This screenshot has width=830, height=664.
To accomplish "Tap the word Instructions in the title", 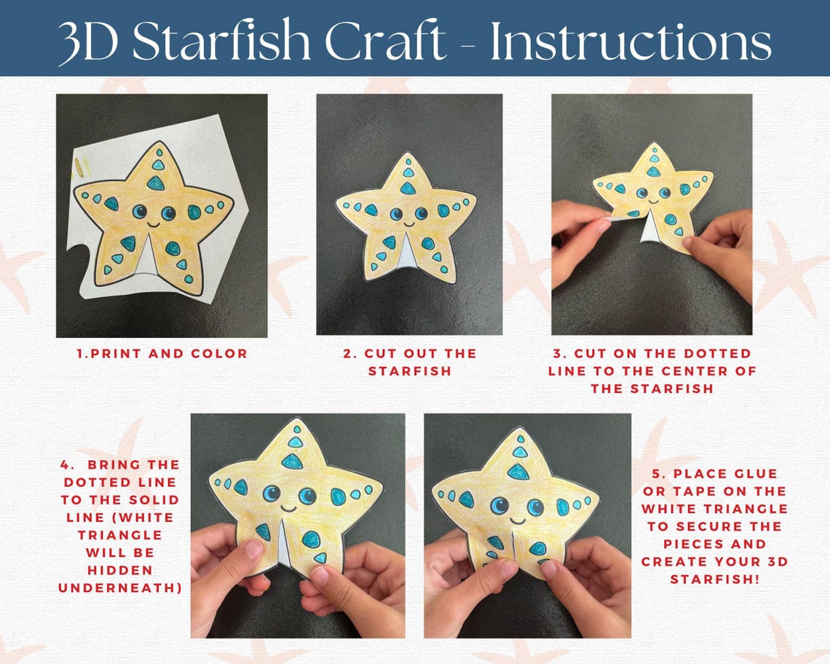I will coord(631,41).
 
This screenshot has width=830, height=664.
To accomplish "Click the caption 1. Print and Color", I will coord(162,354).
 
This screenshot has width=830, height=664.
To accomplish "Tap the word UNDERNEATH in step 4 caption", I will coord(120,588).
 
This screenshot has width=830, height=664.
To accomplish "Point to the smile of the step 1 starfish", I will coord(154,225).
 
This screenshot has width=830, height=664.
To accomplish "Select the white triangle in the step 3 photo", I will coord(649,229).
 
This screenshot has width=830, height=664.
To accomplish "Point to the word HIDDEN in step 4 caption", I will coord(120,570).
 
